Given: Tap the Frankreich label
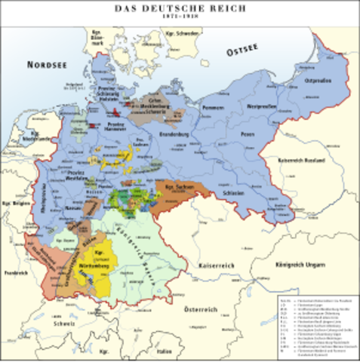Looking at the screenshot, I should click(x=16, y=271).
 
